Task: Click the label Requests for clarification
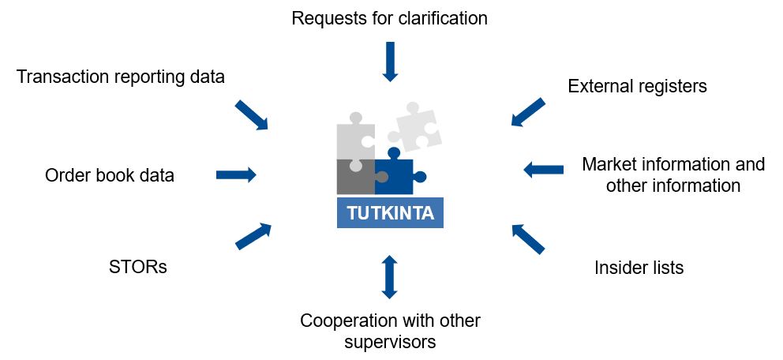(x=389, y=17)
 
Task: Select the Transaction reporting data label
(x=121, y=77)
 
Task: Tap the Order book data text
(x=110, y=175)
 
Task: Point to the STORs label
(x=138, y=267)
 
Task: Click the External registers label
(x=637, y=86)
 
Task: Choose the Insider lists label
(x=639, y=268)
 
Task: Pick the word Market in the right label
(x=609, y=165)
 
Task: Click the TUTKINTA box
(x=390, y=213)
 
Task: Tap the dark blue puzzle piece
(x=396, y=176)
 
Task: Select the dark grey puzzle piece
(x=355, y=177)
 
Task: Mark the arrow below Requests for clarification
(x=390, y=63)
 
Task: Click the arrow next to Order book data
(x=236, y=174)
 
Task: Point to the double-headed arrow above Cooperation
(x=388, y=277)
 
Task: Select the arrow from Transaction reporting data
(x=252, y=115)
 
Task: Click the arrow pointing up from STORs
(x=253, y=236)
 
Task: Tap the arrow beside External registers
(x=527, y=112)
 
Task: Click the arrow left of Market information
(x=544, y=169)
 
